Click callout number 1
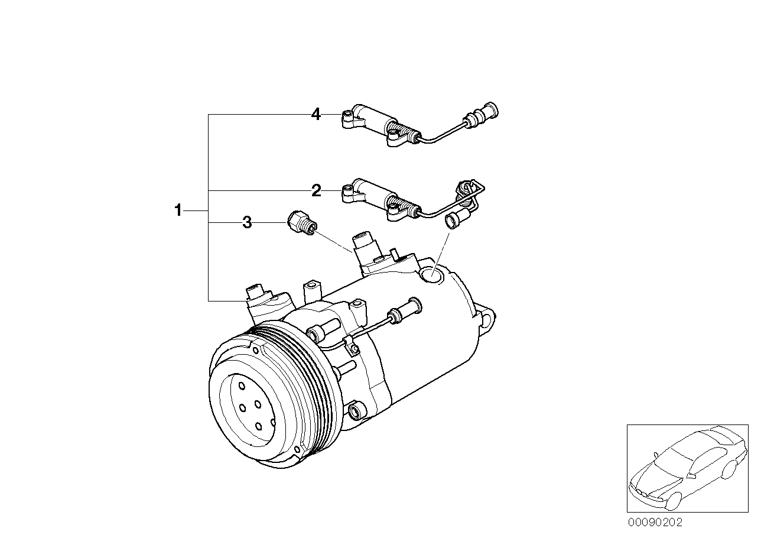pyautogui.click(x=177, y=210)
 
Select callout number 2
pyautogui.click(x=316, y=190)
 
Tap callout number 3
pyautogui.click(x=247, y=222)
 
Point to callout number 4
pyautogui.click(x=316, y=114)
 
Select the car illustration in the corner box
pyautogui.click(x=685, y=467)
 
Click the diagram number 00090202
pyautogui.click(x=655, y=523)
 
